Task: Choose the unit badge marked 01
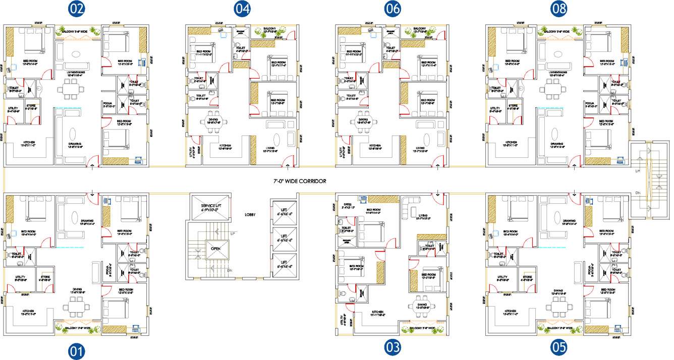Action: coord(77,351)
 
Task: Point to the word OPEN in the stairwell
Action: coord(215,249)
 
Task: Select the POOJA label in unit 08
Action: coord(588,104)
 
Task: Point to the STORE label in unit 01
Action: coord(45,277)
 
